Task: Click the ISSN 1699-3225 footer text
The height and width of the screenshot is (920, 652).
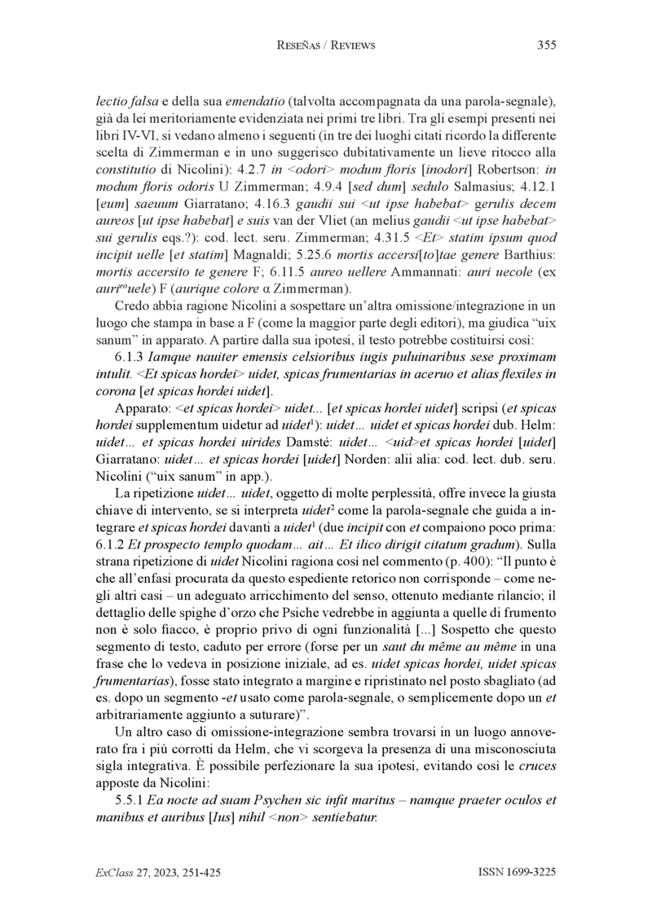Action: click(517, 872)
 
